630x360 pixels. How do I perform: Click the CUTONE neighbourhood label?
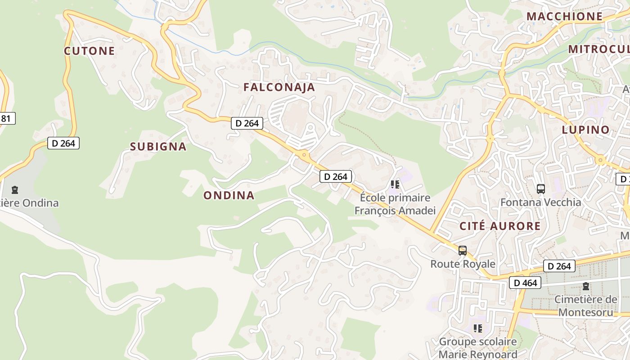click(x=89, y=51)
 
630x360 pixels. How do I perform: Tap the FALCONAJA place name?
click(x=279, y=87)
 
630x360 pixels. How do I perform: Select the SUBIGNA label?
click(x=158, y=147)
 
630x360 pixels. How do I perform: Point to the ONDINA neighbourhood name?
click(x=229, y=195)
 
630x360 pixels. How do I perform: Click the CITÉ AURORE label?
click(x=499, y=226)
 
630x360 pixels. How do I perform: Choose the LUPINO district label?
click(x=585, y=130)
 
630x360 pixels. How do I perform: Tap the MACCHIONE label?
click(x=564, y=17)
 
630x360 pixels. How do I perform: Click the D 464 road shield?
click(x=525, y=283)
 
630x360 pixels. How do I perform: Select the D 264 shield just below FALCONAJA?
click(x=247, y=123)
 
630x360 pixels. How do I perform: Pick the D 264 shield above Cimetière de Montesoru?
click(x=559, y=266)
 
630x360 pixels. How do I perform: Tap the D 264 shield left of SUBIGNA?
click(x=63, y=143)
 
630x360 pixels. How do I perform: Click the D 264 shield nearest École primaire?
click(x=336, y=176)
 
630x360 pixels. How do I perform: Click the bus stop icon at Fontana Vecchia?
click(x=541, y=189)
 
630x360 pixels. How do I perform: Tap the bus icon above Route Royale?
click(x=463, y=251)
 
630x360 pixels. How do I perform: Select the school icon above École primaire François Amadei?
click(x=395, y=184)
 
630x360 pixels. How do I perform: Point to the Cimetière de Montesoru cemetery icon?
click(x=585, y=286)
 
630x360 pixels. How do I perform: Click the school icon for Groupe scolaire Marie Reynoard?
click(x=478, y=328)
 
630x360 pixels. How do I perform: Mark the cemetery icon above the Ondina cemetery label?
click(x=15, y=190)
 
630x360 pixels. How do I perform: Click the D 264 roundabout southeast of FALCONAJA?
click(x=304, y=155)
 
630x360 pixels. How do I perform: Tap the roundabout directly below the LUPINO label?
click(x=600, y=160)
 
